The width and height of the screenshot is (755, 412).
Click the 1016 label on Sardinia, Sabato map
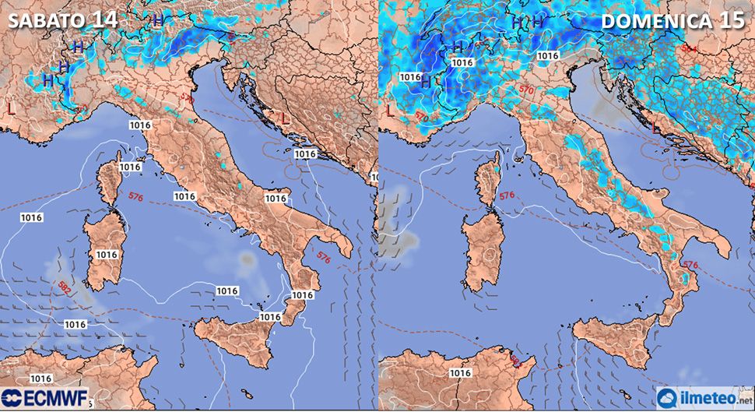(x=107, y=255)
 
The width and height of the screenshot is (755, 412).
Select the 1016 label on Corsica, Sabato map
(x=129, y=167)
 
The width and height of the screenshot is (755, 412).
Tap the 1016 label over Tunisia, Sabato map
(x=41, y=379)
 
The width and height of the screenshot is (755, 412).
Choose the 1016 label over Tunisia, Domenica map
(x=461, y=373)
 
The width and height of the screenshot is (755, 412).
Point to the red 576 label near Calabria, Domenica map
(x=690, y=265)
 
